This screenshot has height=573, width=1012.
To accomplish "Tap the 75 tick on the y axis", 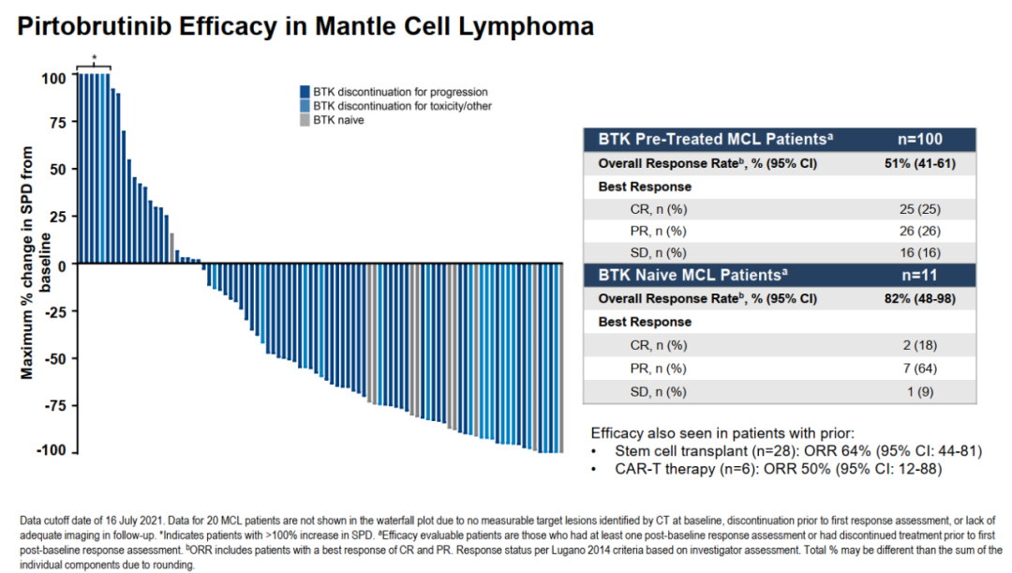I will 56,123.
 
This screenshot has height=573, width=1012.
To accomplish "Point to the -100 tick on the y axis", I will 51,451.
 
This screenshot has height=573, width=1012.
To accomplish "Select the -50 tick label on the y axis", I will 54,358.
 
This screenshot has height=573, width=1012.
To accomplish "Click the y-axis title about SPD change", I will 35,262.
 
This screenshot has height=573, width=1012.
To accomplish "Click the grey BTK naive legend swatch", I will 304,120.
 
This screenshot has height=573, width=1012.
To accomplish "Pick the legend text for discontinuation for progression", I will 400,92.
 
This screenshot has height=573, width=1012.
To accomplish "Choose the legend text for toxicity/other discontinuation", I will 402,106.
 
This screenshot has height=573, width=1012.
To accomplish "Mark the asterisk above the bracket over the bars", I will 94,57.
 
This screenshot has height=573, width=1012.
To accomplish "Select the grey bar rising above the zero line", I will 171,248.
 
